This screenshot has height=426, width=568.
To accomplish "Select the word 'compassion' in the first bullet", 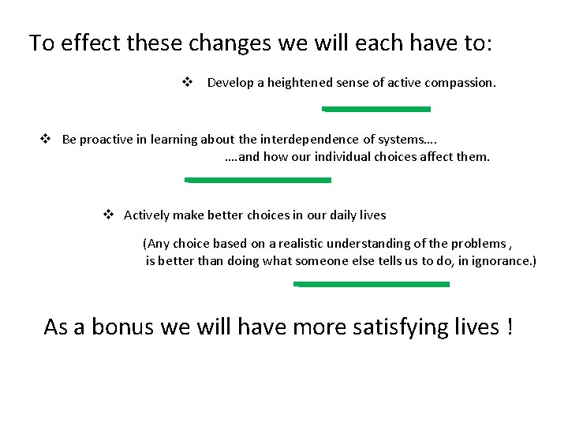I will (461, 83).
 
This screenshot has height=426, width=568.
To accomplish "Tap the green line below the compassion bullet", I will (377, 109).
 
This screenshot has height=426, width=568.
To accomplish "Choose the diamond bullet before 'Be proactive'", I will (46, 140).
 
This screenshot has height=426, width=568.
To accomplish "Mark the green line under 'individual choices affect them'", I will (258, 180).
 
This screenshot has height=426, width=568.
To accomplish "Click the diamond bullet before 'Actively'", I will (109, 215).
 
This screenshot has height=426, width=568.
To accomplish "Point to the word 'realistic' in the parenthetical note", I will (284, 244).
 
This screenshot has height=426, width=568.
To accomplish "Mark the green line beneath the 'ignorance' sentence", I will (372, 284).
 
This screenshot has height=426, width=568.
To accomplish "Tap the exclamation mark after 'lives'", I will (509, 327).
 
